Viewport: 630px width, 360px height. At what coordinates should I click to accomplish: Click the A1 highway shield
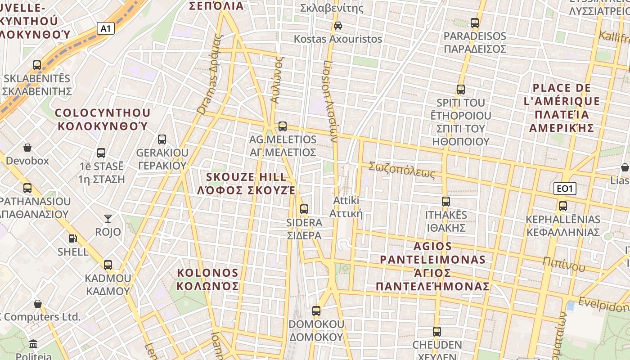pos(105,29)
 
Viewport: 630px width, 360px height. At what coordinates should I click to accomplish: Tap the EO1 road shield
pos(564,189)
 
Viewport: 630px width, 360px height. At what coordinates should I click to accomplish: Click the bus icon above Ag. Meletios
pos(283,126)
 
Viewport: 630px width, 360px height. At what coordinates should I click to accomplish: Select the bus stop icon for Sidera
pos(304,209)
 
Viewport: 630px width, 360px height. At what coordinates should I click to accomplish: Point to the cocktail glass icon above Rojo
pos(108,219)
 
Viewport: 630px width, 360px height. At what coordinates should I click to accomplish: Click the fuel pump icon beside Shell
pos(72,238)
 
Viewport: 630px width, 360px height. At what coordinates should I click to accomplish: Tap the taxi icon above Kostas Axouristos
pos(338,26)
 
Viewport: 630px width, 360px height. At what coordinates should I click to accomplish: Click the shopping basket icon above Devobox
pos(27,147)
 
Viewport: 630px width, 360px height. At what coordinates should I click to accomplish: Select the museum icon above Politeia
pos(33,344)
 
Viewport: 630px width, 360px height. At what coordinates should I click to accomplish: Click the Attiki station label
pos(346,207)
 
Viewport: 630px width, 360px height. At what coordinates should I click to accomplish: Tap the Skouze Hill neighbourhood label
pos(246,183)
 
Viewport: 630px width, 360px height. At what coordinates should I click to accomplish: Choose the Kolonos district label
pos(207,279)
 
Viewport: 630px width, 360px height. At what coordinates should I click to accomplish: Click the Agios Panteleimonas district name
pos(433,266)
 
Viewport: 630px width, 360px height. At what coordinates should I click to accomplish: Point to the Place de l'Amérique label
pos(562,108)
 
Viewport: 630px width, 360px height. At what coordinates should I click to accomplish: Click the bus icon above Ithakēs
pos(446,201)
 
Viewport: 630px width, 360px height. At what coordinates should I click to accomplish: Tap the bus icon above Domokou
pos(316,310)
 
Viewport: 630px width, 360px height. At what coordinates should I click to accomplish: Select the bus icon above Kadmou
pos(108,265)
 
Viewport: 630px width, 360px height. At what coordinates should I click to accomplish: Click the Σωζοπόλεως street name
pos(402,170)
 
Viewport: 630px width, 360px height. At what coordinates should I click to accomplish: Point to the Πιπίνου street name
pos(563,264)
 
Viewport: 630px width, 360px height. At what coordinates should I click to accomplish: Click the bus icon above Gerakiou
pos(162,139)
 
